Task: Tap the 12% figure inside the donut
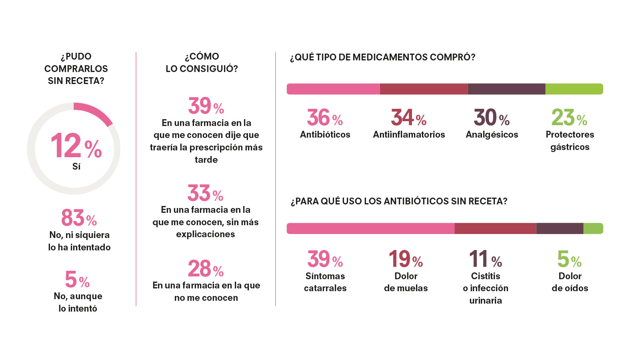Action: point(76,146)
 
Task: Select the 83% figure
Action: point(79,218)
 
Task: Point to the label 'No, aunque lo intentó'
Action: point(78,302)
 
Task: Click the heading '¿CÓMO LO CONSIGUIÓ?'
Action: point(202,62)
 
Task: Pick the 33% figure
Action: point(205,194)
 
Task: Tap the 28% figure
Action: point(206,269)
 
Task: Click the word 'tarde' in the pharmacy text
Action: point(206,160)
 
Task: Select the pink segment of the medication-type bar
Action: point(333,89)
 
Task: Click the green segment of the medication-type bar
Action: point(574,89)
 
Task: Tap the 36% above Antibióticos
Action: point(325,118)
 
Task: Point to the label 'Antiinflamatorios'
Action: point(409,134)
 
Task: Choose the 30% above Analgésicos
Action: point(492,118)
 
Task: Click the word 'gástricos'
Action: point(570,147)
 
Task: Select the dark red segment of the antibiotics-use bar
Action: point(495,228)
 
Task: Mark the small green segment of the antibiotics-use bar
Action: point(593,228)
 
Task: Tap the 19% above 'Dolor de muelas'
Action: point(406,259)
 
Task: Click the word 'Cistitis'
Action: point(486,276)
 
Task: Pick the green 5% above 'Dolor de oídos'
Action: point(569,259)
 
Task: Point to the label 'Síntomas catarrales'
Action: point(325,282)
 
